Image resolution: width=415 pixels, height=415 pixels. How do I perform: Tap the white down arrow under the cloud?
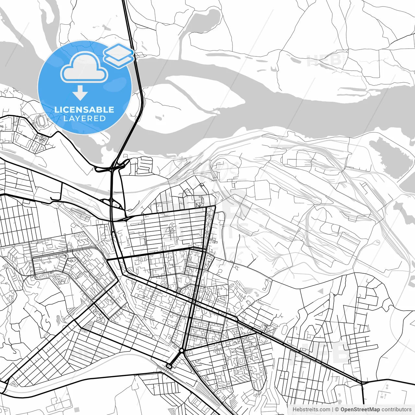click(x=80, y=93)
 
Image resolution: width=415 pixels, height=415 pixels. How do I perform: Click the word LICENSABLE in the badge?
click(x=84, y=110)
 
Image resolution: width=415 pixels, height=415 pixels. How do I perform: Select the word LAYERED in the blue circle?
click(x=84, y=119)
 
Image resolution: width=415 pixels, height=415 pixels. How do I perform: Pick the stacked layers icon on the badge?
click(x=119, y=55)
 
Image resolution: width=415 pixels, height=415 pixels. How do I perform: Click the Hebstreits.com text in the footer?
click(x=311, y=409)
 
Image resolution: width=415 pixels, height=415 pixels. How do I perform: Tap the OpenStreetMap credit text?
click(x=360, y=409)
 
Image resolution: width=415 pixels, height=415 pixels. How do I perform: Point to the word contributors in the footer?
click(x=397, y=409)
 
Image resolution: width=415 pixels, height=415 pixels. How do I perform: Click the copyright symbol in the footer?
click(x=337, y=409)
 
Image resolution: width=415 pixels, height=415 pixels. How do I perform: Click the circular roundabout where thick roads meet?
click(x=182, y=351)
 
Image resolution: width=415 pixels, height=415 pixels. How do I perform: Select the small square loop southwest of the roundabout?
click(x=169, y=366)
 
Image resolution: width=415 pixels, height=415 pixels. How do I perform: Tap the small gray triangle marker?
click(x=321, y=291)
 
